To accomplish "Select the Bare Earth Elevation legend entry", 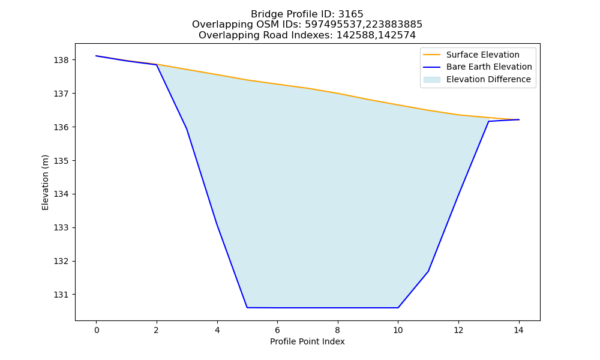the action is (x=477, y=67).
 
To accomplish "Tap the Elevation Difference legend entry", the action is (x=477, y=80).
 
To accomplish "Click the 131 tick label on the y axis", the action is (x=61, y=295).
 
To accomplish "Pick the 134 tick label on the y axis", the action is (x=61, y=194).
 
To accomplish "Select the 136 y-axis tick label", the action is (x=61, y=127).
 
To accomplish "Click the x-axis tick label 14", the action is (x=518, y=330).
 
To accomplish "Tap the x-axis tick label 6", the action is (x=277, y=330).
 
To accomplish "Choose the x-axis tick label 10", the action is (x=398, y=330).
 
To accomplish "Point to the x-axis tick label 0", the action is (x=97, y=330).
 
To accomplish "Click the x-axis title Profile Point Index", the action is (x=307, y=341).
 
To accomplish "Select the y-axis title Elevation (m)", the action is (x=45, y=182).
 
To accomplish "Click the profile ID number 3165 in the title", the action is (x=350, y=14).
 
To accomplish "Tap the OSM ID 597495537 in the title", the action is (x=333, y=25).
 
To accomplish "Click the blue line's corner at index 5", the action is (x=247, y=308).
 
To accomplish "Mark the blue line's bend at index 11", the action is (x=428, y=271).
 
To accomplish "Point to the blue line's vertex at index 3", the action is (x=187, y=129).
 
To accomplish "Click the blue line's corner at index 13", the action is (x=488, y=121).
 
